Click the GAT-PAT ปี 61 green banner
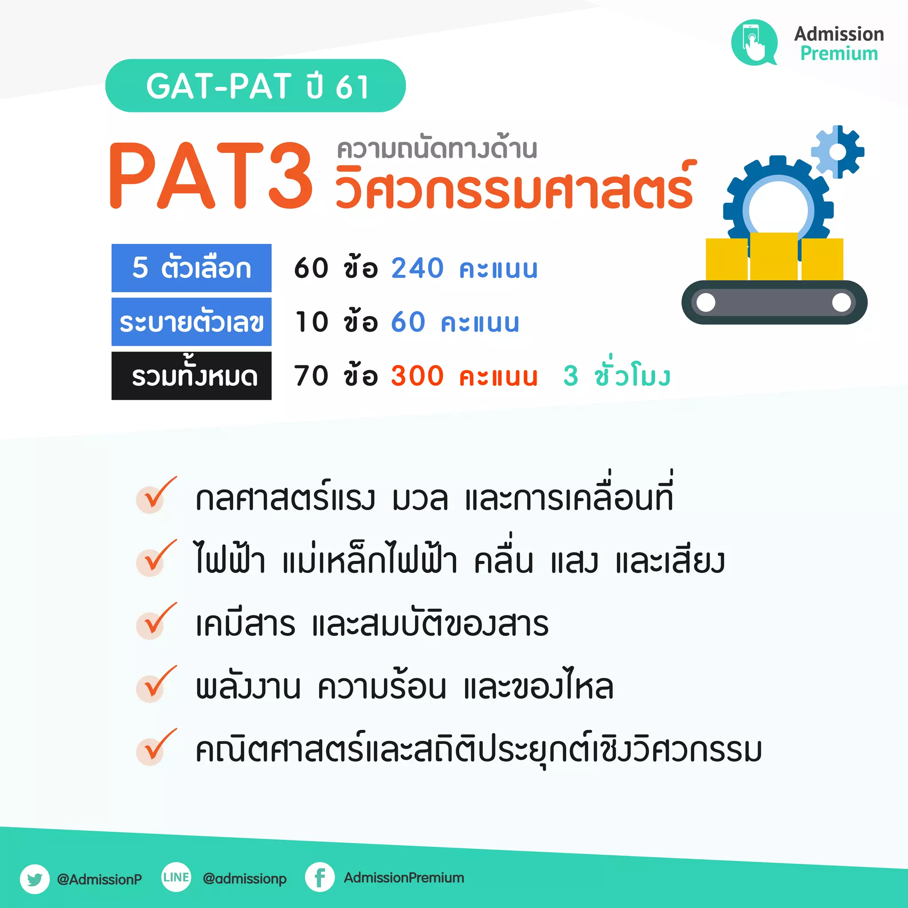[255, 86]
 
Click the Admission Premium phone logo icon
[754, 42]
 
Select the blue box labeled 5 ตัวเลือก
[191, 268]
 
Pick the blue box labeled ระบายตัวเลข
[191, 322]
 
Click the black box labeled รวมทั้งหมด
[191, 376]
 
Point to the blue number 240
[417, 268]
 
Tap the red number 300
[417, 376]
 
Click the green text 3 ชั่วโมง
[617, 376]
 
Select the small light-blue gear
[838, 152]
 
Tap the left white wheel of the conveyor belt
[706, 302]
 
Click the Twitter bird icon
[35, 878]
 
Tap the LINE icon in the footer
[176, 877]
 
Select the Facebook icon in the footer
[320, 877]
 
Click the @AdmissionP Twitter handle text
[99, 879]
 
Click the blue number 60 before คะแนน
[408, 322]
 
